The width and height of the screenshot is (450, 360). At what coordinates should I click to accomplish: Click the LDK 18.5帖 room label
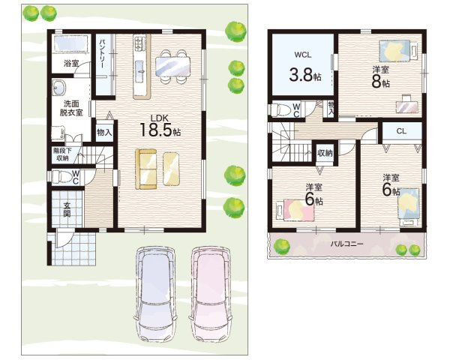click(x=160, y=125)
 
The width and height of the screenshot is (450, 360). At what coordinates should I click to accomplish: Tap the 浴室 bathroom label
click(x=71, y=63)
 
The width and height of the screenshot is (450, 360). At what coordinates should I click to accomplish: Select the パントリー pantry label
click(x=102, y=54)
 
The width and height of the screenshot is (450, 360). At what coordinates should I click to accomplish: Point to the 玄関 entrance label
click(x=67, y=209)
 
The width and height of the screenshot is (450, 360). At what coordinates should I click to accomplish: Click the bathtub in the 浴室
click(x=70, y=43)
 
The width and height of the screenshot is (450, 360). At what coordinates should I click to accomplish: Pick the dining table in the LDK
click(x=172, y=67)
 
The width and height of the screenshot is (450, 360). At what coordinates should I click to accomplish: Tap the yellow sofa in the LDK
click(x=146, y=169)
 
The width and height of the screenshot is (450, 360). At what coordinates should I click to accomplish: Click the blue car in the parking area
click(x=155, y=294)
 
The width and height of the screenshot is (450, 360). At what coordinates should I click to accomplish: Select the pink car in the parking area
click(x=211, y=294)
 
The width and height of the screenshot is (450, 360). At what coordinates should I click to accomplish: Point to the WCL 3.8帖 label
click(x=304, y=67)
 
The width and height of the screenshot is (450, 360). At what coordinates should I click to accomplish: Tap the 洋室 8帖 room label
click(x=381, y=77)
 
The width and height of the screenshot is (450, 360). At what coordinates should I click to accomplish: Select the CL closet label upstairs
click(x=401, y=131)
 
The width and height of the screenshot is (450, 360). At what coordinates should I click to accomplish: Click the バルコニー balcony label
click(x=346, y=244)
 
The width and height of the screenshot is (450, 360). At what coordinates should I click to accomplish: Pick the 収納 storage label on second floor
click(x=325, y=153)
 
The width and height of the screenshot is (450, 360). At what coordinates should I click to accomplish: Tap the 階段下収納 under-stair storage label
click(x=62, y=154)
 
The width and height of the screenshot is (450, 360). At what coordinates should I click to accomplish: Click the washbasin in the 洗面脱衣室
click(x=59, y=87)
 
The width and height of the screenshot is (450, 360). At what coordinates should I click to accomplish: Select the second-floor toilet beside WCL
click(x=280, y=109)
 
